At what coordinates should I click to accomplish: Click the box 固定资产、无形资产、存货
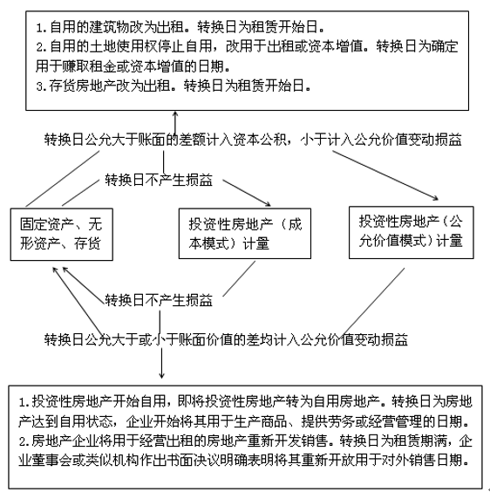coord(62,235)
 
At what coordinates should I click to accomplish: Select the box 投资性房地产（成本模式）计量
coord(245,234)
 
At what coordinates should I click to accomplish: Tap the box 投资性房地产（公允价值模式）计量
coord(412,232)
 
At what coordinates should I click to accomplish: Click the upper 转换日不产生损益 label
coord(159,180)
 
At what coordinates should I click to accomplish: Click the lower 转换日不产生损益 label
coord(159,300)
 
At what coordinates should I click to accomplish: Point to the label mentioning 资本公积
coord(253,140)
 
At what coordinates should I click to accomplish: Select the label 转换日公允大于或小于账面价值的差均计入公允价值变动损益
coord(226,339)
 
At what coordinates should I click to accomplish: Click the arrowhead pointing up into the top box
coord(174,114)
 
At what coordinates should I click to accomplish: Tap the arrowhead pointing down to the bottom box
coord(161,375)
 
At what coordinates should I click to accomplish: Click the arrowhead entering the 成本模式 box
coord(268,204)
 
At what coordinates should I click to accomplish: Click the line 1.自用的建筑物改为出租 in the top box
coord(180,27)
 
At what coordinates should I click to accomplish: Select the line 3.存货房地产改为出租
coord(174,85)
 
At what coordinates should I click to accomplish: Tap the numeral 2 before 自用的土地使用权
coord(39,47)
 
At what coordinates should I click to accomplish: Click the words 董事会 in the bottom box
coord(51,460)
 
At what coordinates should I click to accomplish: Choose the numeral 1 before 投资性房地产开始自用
coord(22,402)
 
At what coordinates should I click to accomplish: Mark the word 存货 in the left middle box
coord(87,243)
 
